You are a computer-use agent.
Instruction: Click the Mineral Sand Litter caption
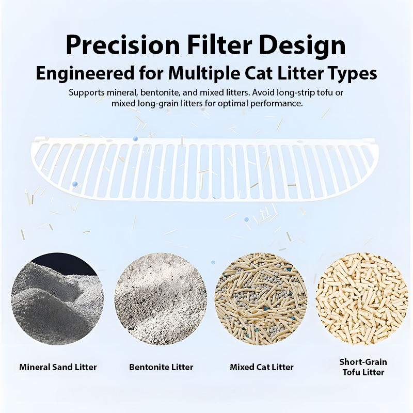coord(58,368)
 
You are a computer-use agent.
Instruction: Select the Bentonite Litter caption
coord(161,368)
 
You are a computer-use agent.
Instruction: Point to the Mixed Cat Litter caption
coord(261,368)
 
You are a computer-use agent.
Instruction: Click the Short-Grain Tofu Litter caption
coord(363,367)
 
